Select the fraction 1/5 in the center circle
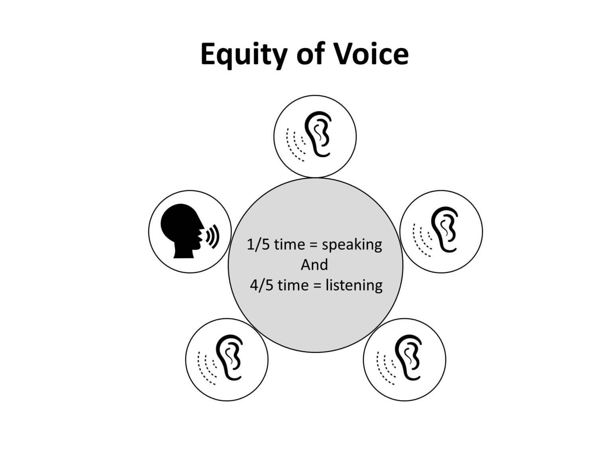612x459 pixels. coord(258,245)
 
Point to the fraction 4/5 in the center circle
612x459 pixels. coord(261,285)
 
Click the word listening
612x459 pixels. coord(354,286)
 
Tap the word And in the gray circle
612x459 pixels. coord(314,265)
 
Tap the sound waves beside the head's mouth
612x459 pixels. coord(212,236)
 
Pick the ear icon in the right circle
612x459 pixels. coord(444,229)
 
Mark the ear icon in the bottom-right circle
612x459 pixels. coord(408,357)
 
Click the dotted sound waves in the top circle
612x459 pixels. coord(296,144)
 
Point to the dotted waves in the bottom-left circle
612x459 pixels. coord(207,368)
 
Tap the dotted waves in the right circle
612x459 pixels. coord(422,240)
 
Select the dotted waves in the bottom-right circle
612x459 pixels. coord(386,368)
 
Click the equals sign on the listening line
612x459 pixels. coord(317,286)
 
